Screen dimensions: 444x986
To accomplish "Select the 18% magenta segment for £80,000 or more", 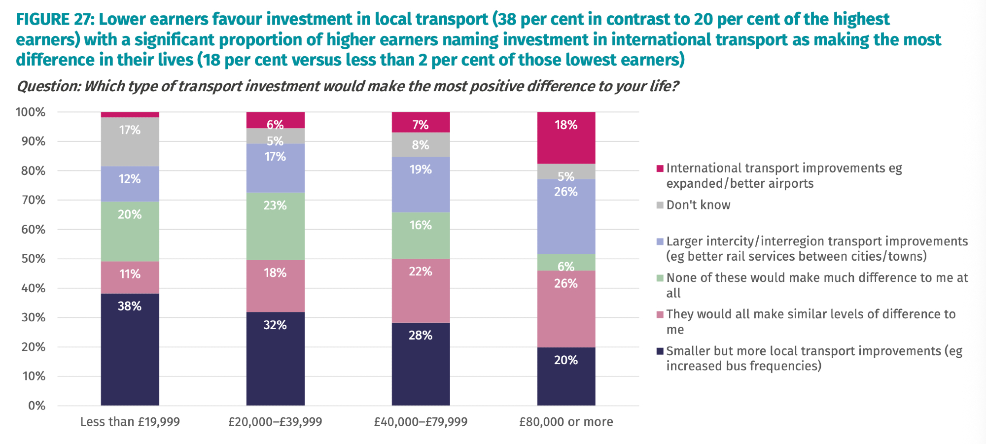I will [566, 137].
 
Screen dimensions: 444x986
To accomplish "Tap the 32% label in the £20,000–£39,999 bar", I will [275, 325].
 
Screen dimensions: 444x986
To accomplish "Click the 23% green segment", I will [275, 226].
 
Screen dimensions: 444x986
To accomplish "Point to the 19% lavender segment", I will [421, 184].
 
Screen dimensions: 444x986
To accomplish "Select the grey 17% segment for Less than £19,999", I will [130, 141].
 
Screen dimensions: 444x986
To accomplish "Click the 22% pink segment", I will [421, 290].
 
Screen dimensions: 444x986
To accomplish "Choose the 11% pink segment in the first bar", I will [130, 277].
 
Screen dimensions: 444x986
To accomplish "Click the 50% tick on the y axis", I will [33, 259].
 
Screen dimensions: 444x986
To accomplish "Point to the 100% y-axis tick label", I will [31, 112].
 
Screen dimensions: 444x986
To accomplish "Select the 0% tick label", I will [36, 406].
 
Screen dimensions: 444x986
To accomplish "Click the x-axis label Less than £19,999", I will [130, 422].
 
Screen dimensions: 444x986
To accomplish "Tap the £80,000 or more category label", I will [566, 422].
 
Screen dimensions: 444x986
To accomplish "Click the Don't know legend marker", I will [660, 205].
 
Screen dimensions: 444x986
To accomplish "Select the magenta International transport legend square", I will [660, 169].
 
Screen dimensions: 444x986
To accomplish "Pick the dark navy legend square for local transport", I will [660, 351].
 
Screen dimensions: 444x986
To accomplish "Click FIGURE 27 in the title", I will [54, 19].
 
